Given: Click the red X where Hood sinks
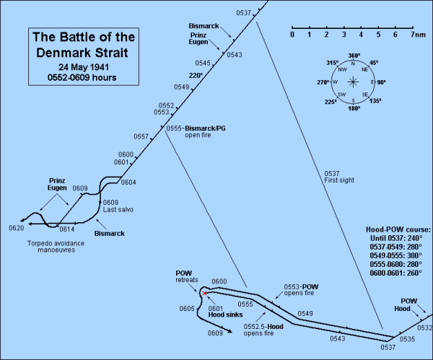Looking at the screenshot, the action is pyautogui.click(x=204, y=293).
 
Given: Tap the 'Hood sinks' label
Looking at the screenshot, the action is pyautogui.click(x=226, y=315).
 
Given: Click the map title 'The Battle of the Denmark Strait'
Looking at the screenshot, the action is pyautogui.click(x=84, y=45).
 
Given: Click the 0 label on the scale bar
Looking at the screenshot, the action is pyautogui.click(x=292, y=35).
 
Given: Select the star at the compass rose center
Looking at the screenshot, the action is pyautogui.click(x=353, y=82).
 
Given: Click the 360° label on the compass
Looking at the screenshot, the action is pyautogui.click(x=354, y=56).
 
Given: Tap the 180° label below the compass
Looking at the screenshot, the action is pyautogui.click(x=354, y=108).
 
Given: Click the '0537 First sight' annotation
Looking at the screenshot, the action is pyautogui.click(x=339, y=177).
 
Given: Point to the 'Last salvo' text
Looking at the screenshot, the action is pyautogui.click(x=118, y=210).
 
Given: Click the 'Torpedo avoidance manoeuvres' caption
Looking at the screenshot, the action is pyautogui.click(x=56, y=247).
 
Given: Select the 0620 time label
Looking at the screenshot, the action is pyautogui.click(x=17, y=228).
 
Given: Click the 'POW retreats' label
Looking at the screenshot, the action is pyautogui.click(x=187, y=276).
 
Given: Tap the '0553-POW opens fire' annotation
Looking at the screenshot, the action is pyautogui.click(x=301, y=290).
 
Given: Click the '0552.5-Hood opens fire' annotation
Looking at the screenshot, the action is pyautogui.click(x=263, y=330).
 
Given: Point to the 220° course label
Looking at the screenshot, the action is pyautogui.click(x=196, y=75).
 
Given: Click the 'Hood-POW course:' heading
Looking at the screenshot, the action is pyautogui.click(x=398, y=229).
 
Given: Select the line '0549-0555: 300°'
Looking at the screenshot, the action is pyautogui.click(x=396, y=255).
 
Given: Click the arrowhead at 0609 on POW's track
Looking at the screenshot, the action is pyautogui.click(x=229, y=331).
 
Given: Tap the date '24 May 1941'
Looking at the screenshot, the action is pyautogui.click(x=84, y=67).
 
